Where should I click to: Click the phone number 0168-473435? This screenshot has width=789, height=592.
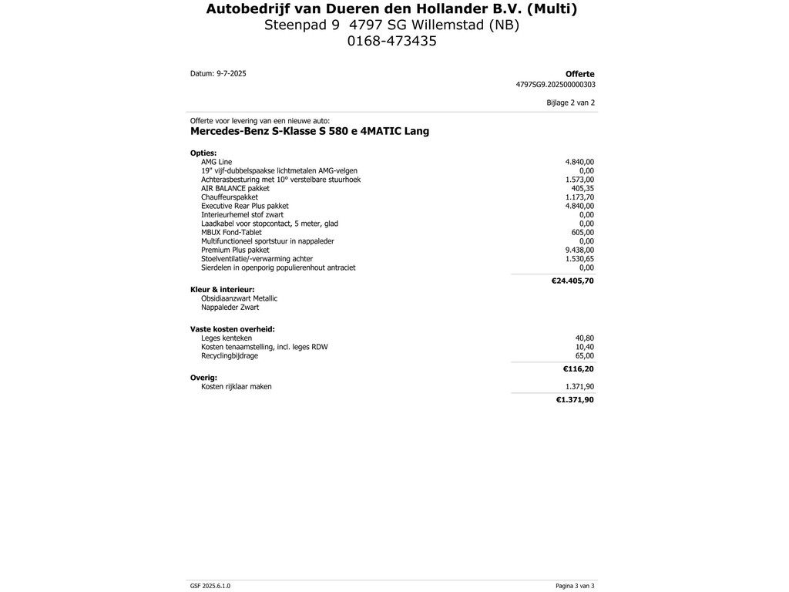pos(391,42)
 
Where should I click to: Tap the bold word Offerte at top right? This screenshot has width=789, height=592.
pos(579,75)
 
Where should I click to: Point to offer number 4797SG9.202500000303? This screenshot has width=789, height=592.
pos(555,85)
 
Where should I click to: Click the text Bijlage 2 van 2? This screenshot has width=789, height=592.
pos(570,103)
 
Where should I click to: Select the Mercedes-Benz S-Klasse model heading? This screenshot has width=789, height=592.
pos(310,132)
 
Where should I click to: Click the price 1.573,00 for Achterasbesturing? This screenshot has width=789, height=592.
pos(579,180)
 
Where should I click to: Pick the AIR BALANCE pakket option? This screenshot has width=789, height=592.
pos(235,188)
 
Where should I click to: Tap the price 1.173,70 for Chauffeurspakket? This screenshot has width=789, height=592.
pos(579,197)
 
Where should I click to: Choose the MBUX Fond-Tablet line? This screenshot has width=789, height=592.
pos(231,232)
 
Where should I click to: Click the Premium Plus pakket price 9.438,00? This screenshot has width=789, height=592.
pos(579,250)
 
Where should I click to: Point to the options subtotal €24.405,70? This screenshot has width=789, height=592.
pos(572,281)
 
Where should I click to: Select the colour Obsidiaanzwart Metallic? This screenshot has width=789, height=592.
pos(239,298)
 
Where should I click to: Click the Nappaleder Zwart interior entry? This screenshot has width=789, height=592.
pos(230,308)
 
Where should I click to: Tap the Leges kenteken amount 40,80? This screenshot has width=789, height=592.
pos(585,338)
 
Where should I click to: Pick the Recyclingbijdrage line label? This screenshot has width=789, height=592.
pos(230,356)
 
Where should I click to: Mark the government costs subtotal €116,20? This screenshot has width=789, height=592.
pos(578,369)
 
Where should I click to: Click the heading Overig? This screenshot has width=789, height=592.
pos(203,378)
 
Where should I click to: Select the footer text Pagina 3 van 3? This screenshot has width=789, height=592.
pos(575,586)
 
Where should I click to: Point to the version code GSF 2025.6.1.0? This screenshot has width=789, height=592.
pos(210,586)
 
